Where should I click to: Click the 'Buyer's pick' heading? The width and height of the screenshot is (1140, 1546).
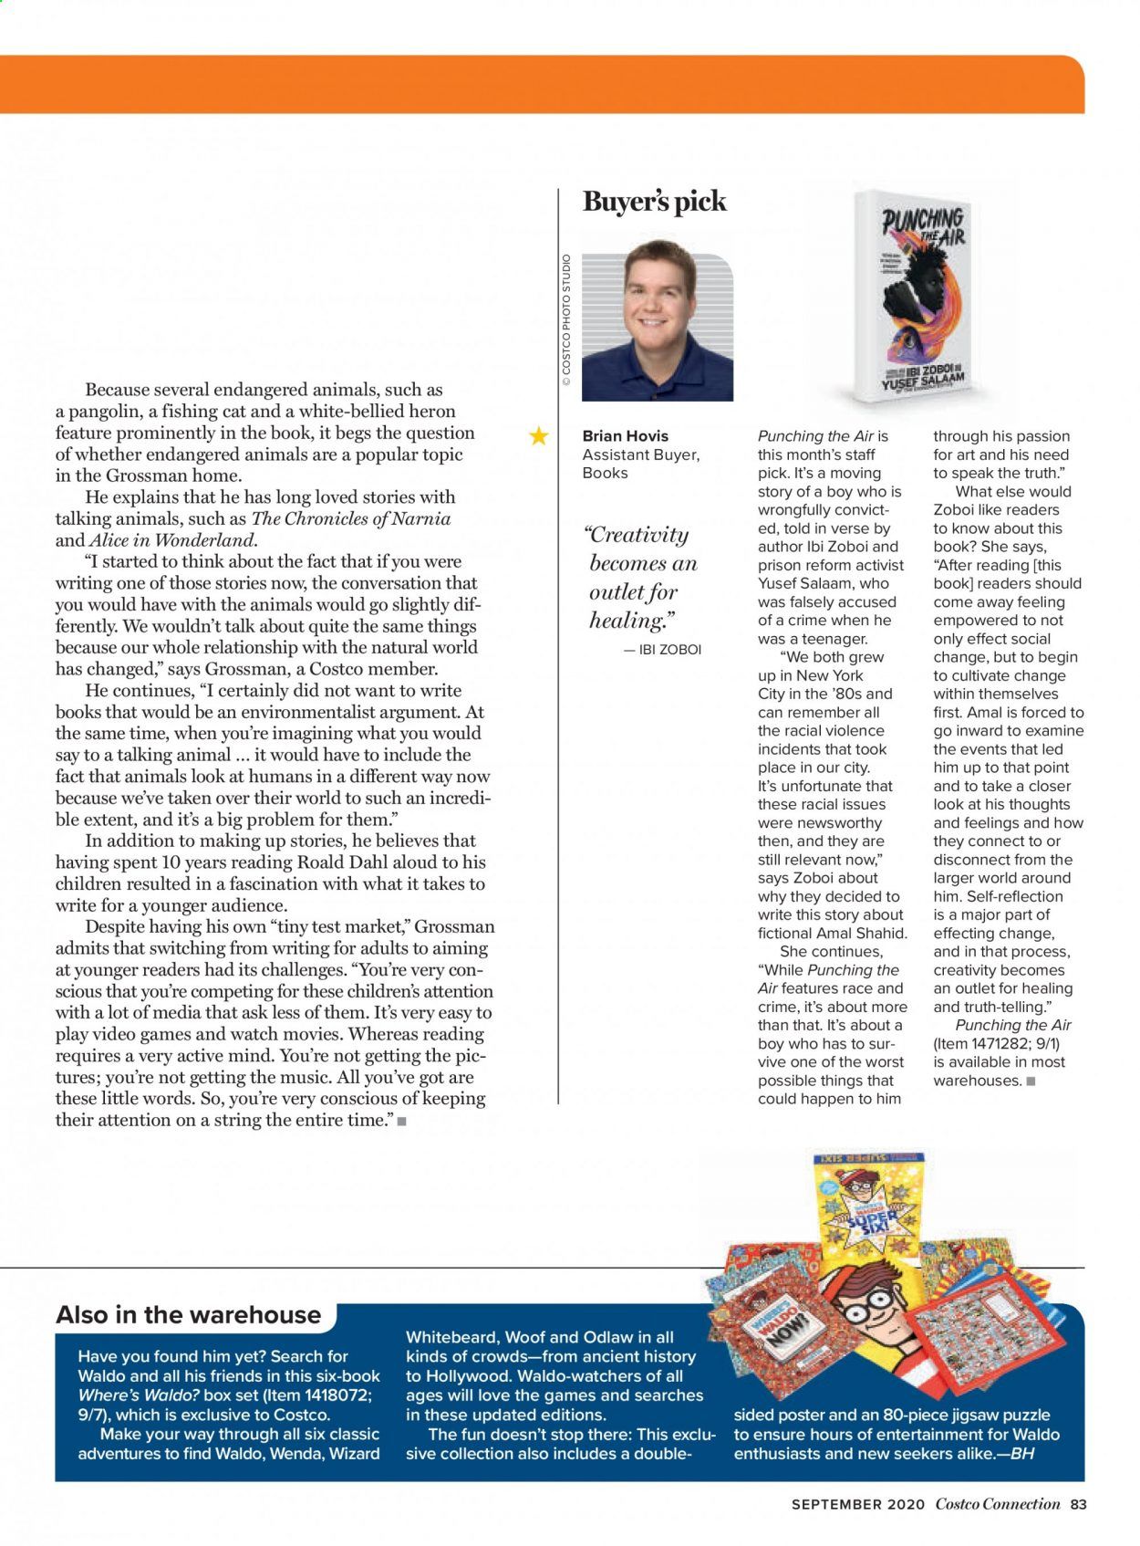tap(654, 202)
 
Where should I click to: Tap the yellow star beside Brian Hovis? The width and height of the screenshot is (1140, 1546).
tap(539, 436)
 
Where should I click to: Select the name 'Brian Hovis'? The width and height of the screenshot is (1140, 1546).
tap(625, 436)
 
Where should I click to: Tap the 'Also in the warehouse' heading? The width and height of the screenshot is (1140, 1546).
tap(189, 1314)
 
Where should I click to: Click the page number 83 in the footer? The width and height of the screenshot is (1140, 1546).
tap(1079, 1505)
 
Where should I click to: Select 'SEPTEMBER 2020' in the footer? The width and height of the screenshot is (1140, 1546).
tap(857, 1505)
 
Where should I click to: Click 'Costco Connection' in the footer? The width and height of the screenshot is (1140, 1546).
tap(998, 1505)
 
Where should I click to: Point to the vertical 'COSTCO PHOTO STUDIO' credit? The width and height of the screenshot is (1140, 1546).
tap(566, 319)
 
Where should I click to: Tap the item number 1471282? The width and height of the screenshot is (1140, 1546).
tap(993, 1043)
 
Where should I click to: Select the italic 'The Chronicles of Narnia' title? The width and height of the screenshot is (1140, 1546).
tap(350, 518)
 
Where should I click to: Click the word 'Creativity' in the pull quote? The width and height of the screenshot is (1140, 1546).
tap(637, 535)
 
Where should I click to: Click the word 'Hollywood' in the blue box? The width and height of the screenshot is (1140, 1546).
tap(474, 1376)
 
